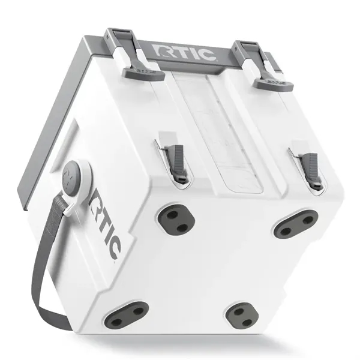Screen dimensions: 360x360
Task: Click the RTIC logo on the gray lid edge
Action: pos(185,53)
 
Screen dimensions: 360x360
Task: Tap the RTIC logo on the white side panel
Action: pos(105,224)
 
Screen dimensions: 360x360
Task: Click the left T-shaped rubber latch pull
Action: pos(144,73)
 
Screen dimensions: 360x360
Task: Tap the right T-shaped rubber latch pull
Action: pos(274,83)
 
